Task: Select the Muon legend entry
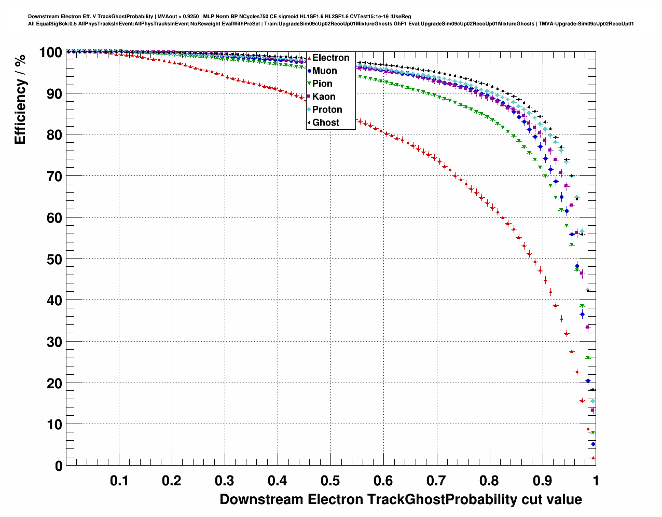[x=324, y=71]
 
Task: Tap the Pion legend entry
[x=322, y=84]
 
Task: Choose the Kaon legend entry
[x=324, y=97]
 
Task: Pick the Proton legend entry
[x=327, y=110]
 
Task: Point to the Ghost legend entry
[x=325, y=123]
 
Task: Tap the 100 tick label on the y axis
[x=50, y=52]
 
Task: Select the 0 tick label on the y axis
[x=58, y=466]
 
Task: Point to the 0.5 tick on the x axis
[x=331, y=481]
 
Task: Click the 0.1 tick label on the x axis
[x=119, y=481]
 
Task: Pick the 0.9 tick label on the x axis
[x=543, y=481]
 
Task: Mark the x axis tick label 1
[x=596, y=481]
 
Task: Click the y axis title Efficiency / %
[x=20, y=99]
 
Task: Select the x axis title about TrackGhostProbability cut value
[x=401, y=499]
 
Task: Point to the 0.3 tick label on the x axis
[x=225, y=481]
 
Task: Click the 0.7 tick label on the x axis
[x=437, y=481]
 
